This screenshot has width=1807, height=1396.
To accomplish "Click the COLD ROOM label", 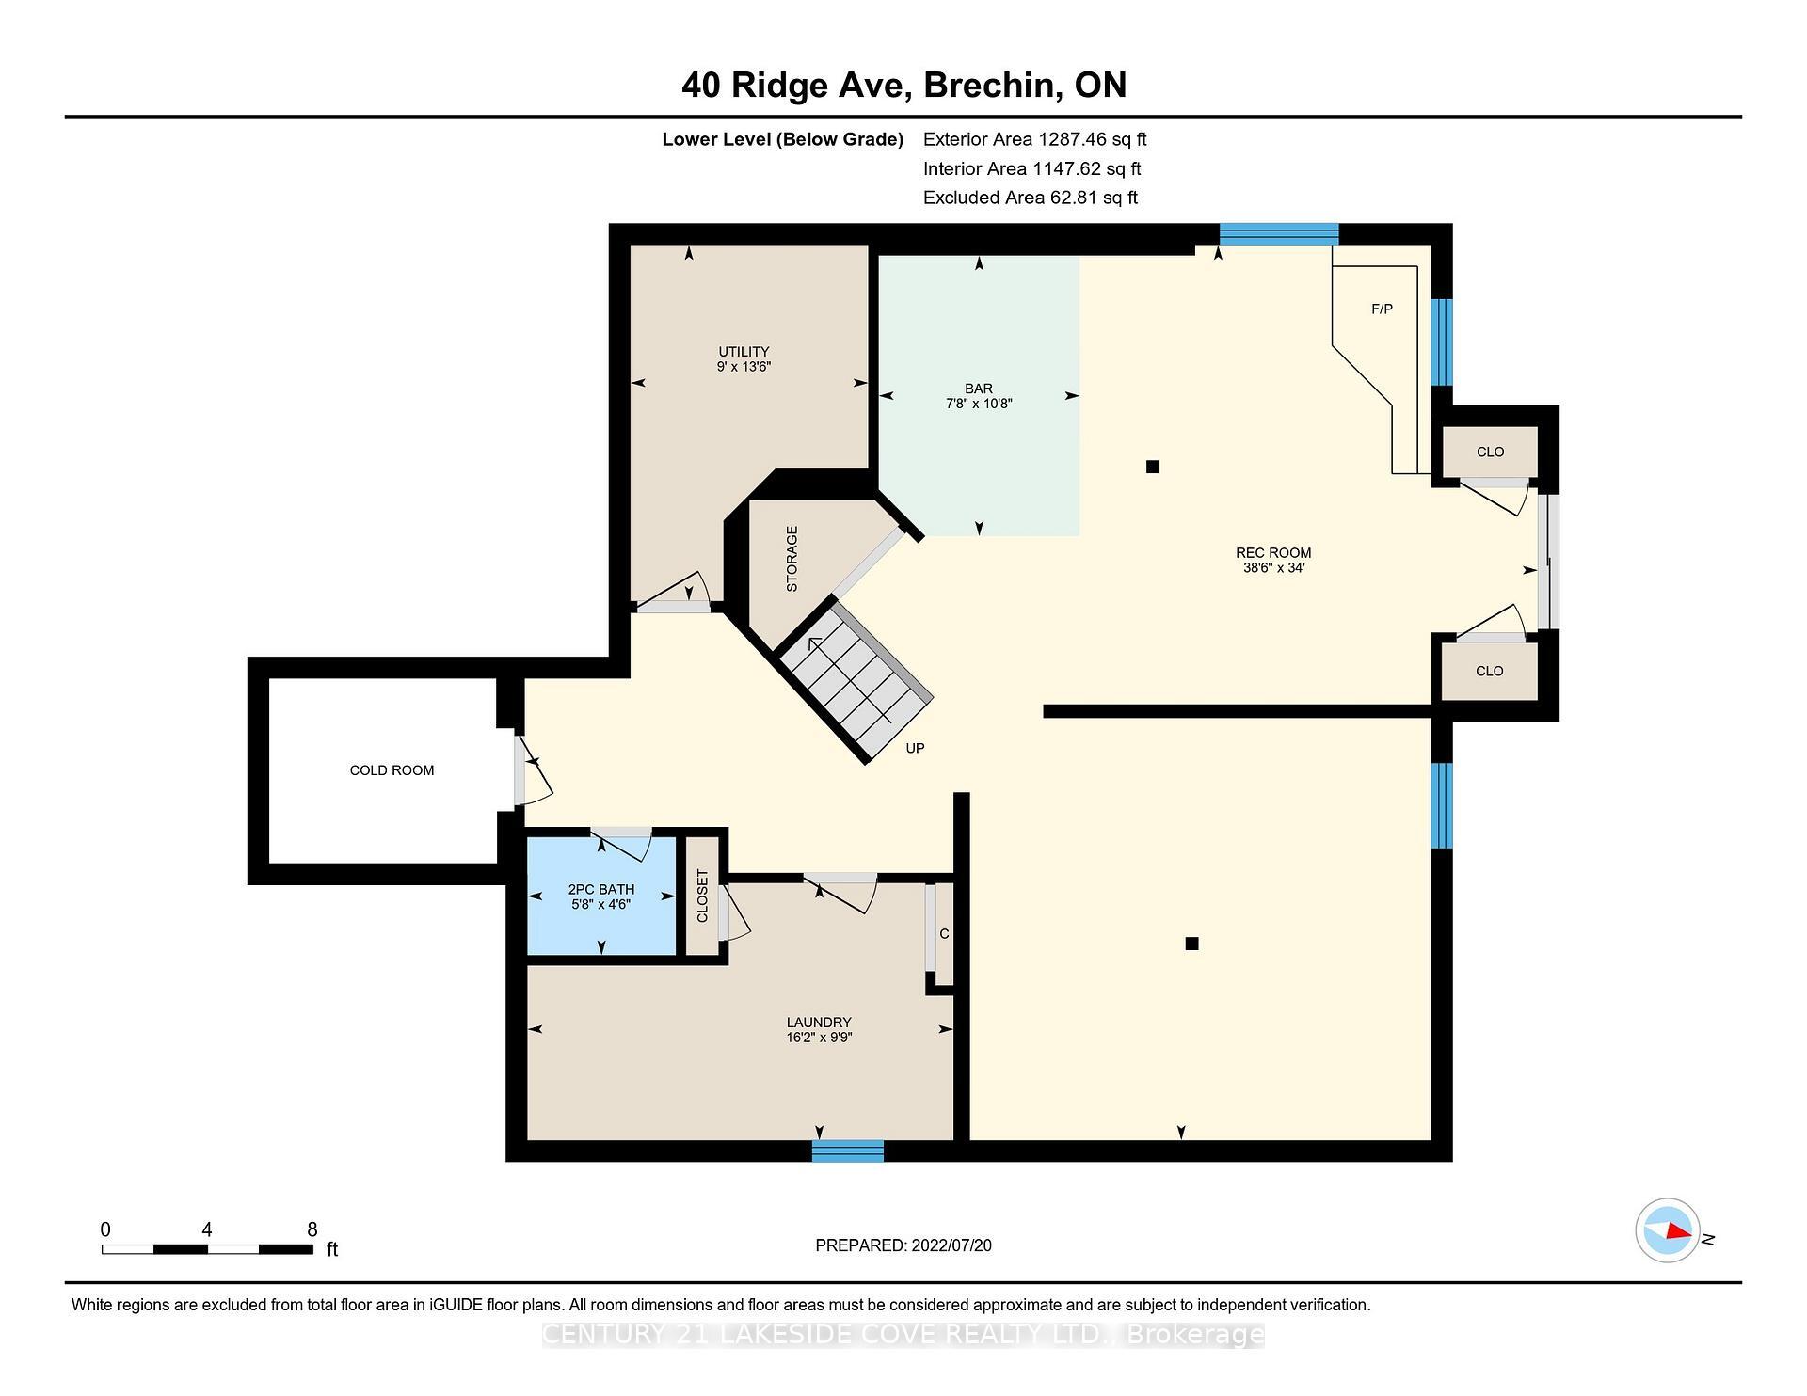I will coord(392,770).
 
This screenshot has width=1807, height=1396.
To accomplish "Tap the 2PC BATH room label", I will coord(600,889).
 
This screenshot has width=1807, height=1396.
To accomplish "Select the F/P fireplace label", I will coord(1382,309).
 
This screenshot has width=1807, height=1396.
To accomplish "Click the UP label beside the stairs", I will coord(915,749).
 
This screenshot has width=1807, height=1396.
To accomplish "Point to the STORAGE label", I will coord(792,558).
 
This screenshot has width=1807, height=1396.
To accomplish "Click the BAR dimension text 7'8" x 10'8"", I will coord(979,404).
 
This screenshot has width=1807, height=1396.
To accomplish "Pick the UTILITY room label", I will coord(744,351).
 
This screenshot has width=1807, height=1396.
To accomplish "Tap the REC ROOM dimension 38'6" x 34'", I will coord(1273,568).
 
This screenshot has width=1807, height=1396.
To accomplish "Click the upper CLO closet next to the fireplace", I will coord(1490,452).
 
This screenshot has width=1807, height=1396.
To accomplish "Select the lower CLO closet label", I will coord(1489,671).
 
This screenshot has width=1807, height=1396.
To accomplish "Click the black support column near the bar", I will coord(1153,467).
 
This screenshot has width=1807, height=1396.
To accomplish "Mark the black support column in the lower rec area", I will coord(1191,944).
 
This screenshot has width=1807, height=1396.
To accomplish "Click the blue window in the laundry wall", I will coord(848,1150).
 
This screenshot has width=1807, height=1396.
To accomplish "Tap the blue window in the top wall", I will coord(1279,234).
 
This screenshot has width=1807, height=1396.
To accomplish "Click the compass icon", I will coord(1667,1229).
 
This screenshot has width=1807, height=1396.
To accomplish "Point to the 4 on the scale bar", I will coord(206,1229).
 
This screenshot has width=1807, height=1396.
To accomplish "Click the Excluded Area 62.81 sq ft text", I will coord(1031,198).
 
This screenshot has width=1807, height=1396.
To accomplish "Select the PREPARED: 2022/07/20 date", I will coord(903,1245).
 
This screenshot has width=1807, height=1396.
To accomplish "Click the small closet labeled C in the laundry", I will coord(944,934).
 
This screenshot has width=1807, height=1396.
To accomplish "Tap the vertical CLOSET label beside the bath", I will coord(702,896).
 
